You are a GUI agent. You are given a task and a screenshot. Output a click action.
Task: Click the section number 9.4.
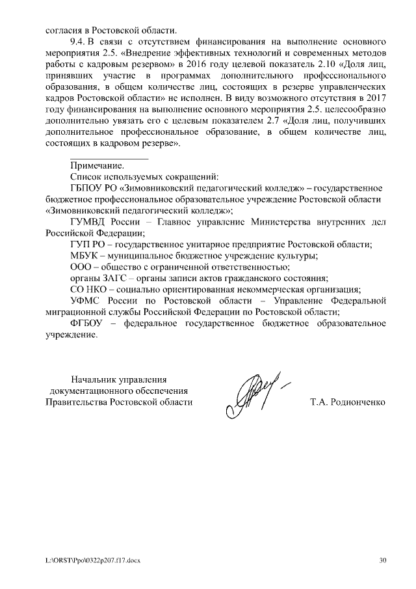tap(78, 41)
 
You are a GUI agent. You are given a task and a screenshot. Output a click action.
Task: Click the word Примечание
tap(96, 166)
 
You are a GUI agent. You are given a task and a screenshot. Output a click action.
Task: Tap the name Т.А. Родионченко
tap(348, 402)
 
